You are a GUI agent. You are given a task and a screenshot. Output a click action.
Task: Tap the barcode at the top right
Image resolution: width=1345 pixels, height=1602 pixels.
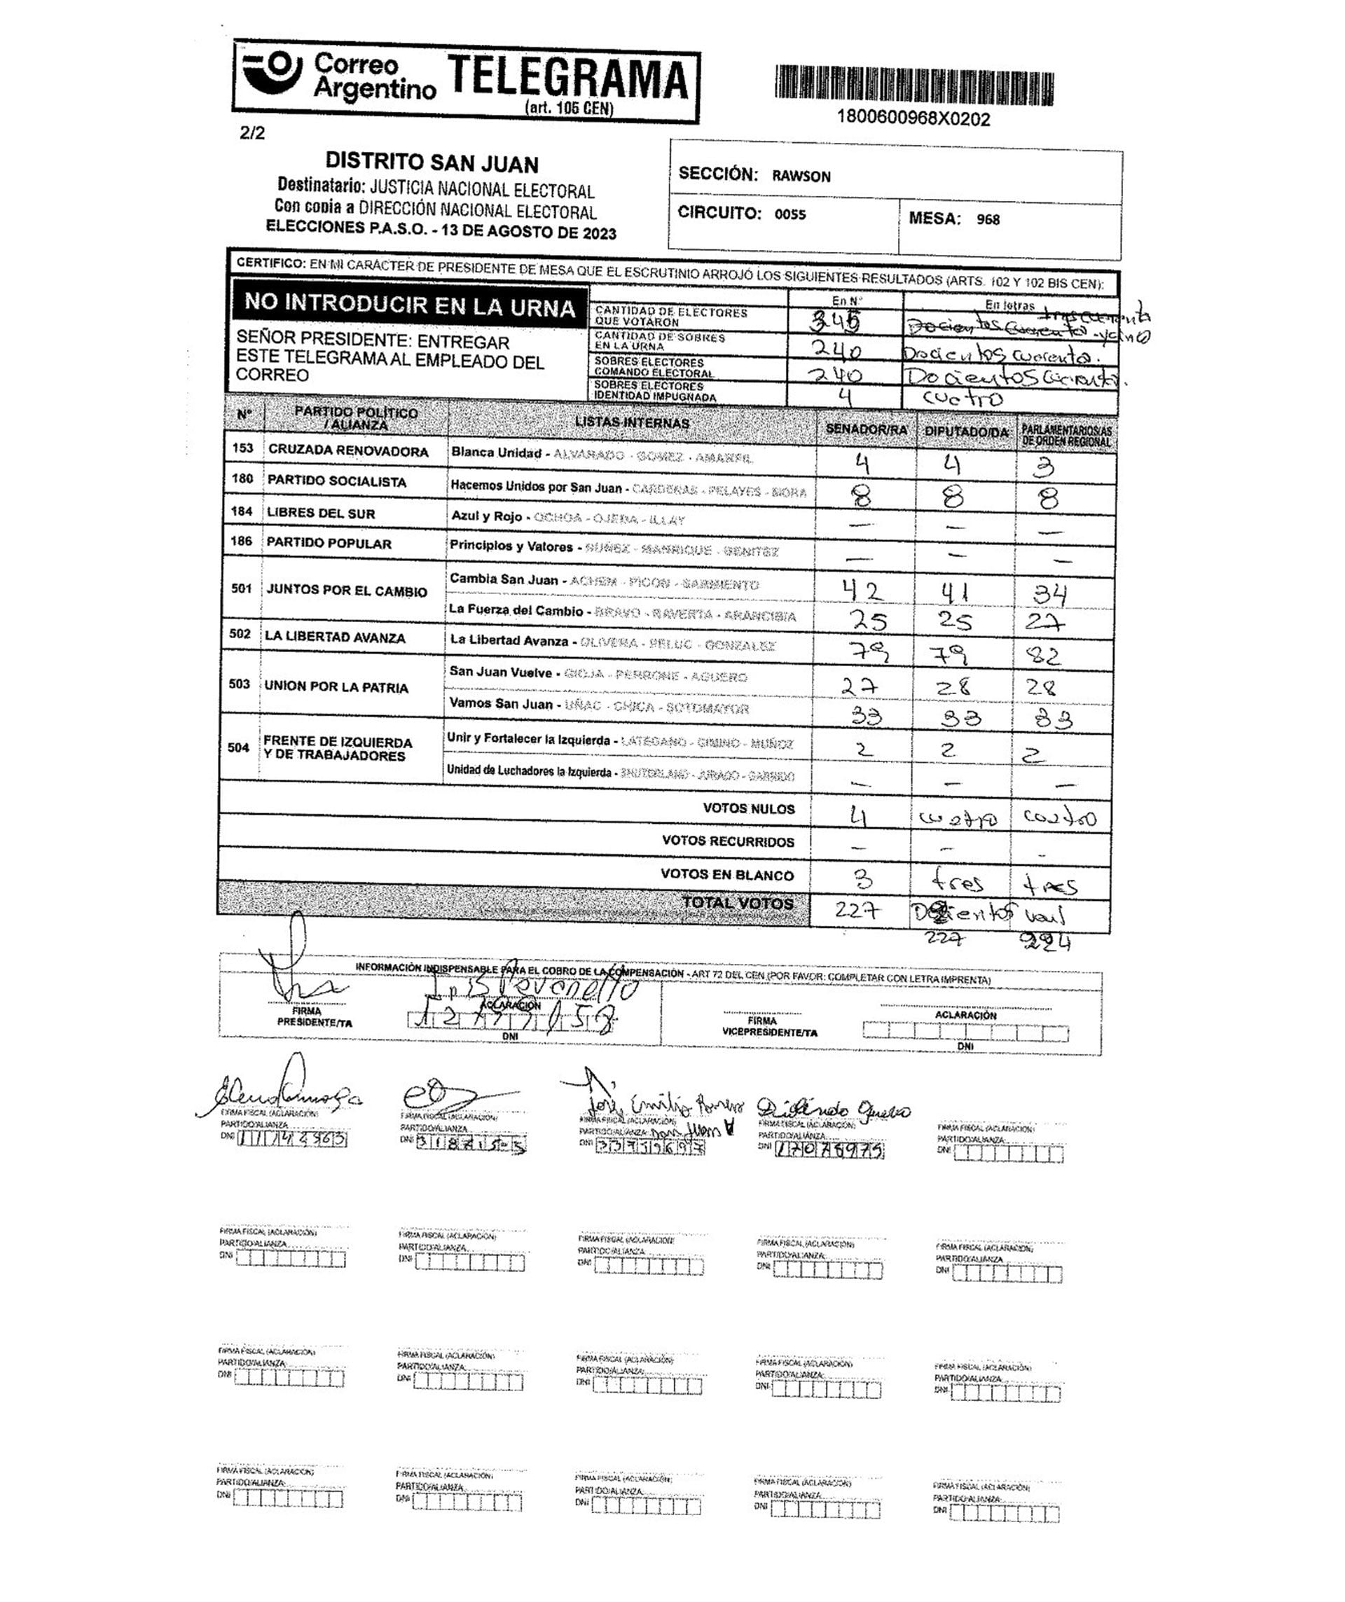pyautogui.click(x=914, y=85)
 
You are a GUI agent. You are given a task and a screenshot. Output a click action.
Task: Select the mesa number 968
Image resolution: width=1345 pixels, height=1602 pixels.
pyautogui.click(x=988, y=220)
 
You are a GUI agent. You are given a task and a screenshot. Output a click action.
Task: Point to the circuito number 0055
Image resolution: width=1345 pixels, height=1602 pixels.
pyautogui.click(x=790, y=214)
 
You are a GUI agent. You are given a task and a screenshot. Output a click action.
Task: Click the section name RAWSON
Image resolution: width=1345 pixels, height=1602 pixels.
pyautogui.click(x=801, y=177)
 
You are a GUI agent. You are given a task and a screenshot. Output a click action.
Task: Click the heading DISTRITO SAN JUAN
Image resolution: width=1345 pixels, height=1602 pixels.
pyautogui.click(x=432, y=163)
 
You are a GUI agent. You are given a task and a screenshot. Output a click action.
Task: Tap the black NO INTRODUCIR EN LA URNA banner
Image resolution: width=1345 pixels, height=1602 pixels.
pyautogui.click(x=410, y=306)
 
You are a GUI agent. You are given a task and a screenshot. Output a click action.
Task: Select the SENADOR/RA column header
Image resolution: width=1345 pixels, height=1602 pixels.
pyautogui.click(x=866, y=429)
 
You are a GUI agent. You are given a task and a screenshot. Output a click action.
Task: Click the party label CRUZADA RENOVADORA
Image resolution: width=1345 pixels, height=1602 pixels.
pyautogui.click(x=348, y=451)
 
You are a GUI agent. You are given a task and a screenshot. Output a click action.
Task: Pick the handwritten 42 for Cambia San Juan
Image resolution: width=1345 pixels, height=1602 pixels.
pyautogui.click(x=863, y=591)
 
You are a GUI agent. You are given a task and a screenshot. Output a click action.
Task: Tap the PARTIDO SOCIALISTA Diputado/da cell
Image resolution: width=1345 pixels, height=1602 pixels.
pyautogui.click(x=953, y=498)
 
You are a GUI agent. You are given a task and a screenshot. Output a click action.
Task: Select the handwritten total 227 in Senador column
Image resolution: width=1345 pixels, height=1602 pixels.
pyautogui.click(x=858, y=910)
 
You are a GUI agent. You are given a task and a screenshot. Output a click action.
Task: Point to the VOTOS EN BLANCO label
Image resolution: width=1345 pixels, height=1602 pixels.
pyautogui.click(x=727, y=874)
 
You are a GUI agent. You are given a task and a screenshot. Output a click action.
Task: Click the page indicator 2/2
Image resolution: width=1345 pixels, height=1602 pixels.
pyautogui.click(x=252, y=132)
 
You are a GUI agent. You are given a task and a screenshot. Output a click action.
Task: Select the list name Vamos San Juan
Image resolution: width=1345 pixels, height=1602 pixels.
pyautogui.click(x=500, y=703)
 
